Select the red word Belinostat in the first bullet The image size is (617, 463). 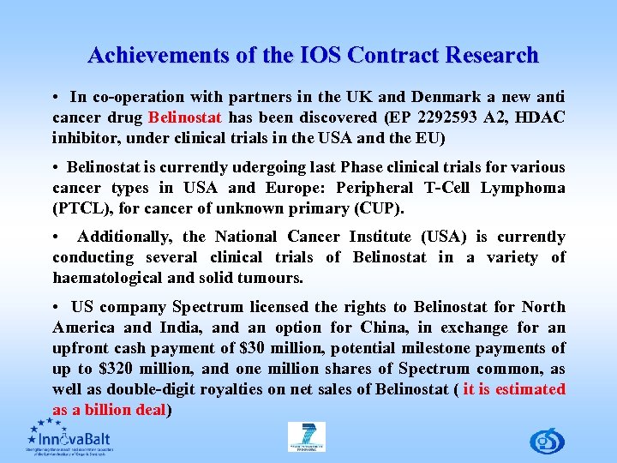tap(185, 117)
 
